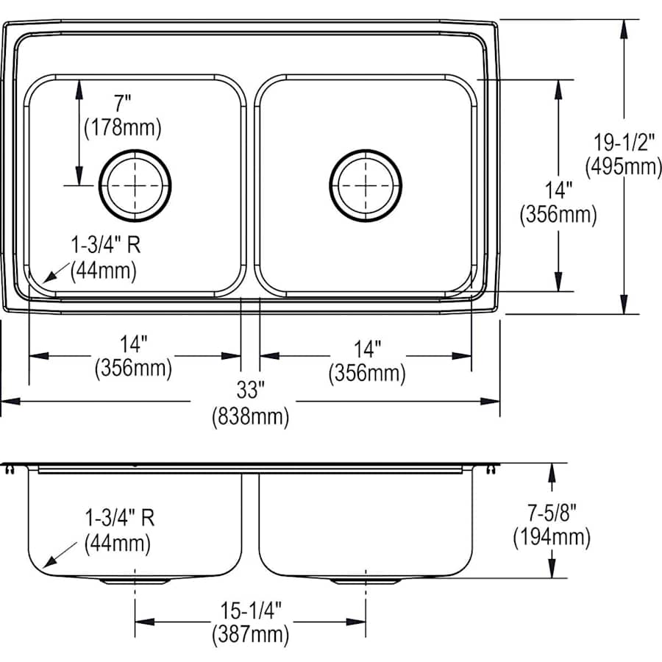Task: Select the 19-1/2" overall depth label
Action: [624, 143]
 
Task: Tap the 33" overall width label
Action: [250, 390]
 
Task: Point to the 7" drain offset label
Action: [122, 104]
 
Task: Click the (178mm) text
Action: [123, 127]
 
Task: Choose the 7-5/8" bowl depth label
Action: [552, 513]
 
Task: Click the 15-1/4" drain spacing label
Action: [251, 610]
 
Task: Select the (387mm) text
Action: [251, 635]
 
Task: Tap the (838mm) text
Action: [251, 417]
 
